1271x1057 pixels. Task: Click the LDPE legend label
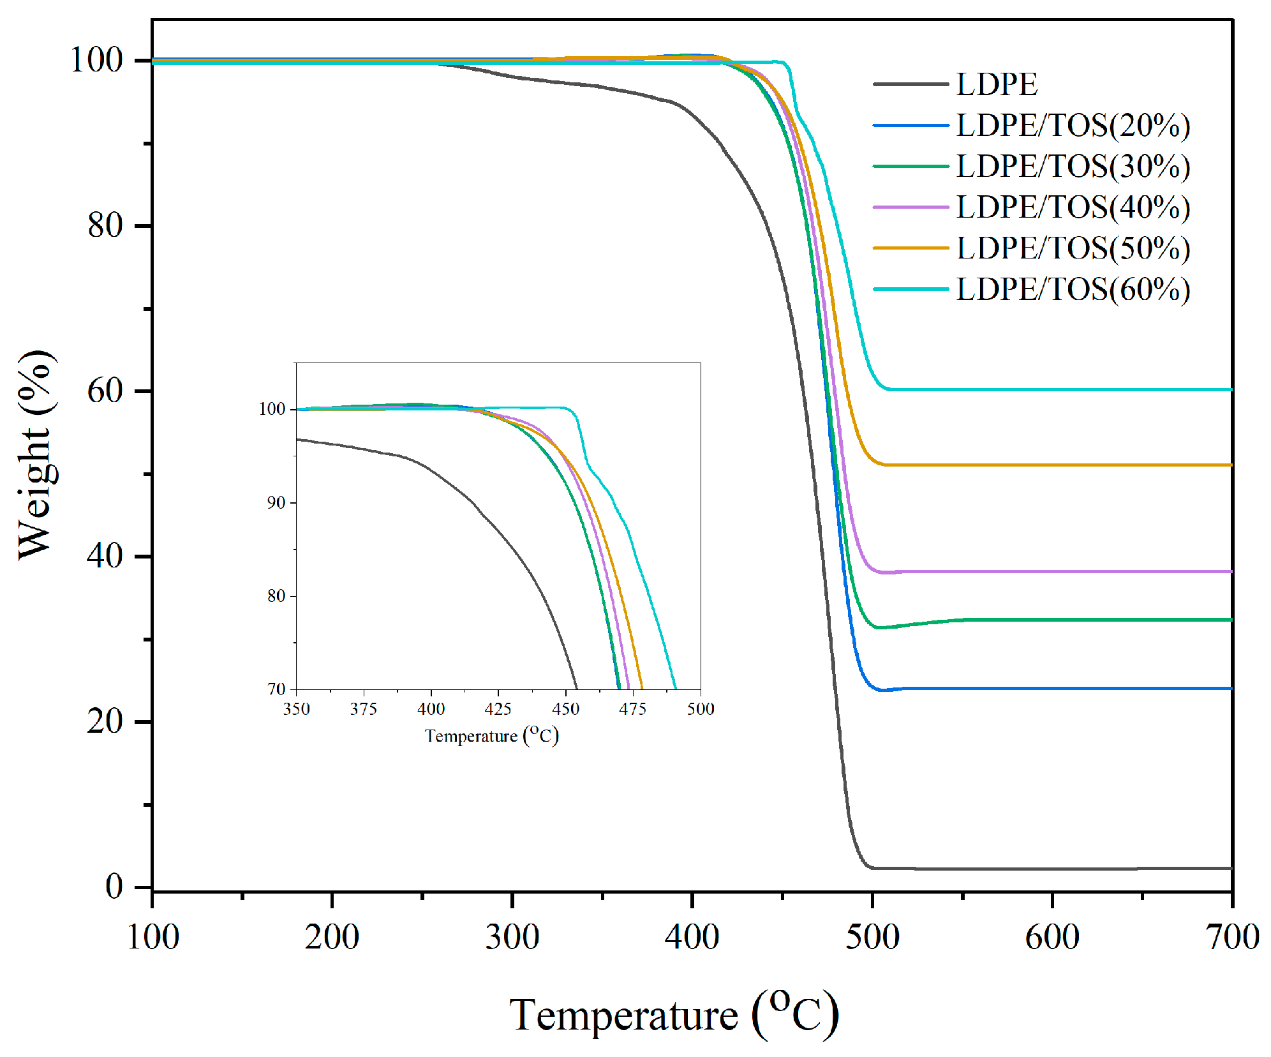tap(996, 84)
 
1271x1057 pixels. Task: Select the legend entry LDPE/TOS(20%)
tap(1073, 125)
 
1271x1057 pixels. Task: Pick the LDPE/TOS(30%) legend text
tap(1073, 166)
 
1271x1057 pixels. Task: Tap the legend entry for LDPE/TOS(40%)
tap(1073, 207)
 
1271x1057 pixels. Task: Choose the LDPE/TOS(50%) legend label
tap(1073, 248)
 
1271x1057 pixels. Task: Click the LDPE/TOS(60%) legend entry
tap(1073, 289)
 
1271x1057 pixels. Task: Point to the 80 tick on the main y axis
tap(105, 225)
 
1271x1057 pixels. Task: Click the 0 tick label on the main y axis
tap(114, 887)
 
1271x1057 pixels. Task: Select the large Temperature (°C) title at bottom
tap(673, 1015)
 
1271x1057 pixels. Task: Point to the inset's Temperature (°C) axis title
tap(491, 736)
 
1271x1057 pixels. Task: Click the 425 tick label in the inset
tap(498, 708)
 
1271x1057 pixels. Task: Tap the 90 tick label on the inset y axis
tap(276, 503)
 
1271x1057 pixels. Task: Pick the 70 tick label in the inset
tap(276, 689)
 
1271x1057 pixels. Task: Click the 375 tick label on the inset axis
tap(363, 708)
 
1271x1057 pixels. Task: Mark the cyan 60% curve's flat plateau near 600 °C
tap(1052, 389)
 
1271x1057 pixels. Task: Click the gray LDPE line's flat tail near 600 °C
tap(1052, 869)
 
